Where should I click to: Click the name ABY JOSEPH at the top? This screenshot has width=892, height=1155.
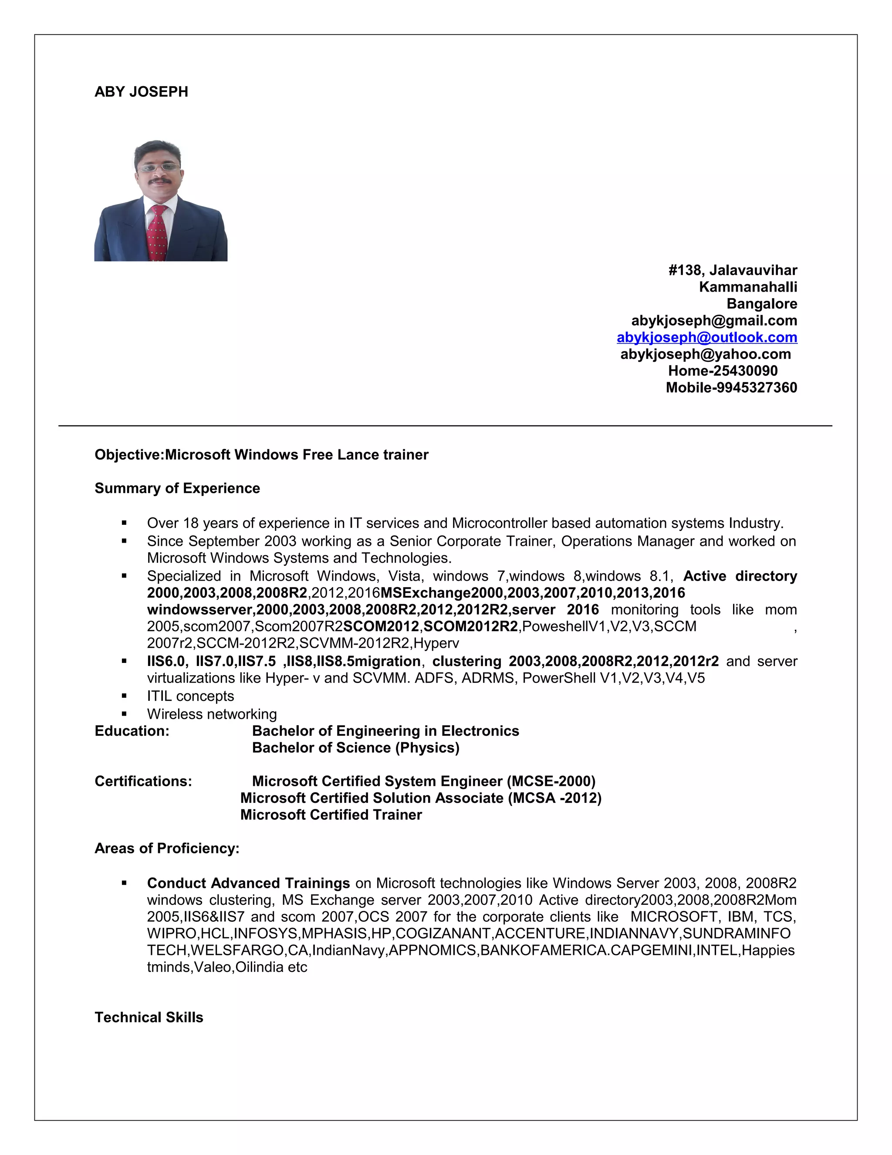point(141,92)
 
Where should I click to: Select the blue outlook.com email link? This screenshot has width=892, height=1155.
point(706,337)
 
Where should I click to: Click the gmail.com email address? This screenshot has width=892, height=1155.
point(714,320)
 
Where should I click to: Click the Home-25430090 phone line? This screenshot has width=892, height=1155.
point(723,371)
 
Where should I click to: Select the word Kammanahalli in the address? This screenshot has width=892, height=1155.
point(748,287)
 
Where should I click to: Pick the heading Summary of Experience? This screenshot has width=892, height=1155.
point(177,488)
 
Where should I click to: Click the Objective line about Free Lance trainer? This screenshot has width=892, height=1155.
point(262,455)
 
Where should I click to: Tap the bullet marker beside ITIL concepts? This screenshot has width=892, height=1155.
point(124,696)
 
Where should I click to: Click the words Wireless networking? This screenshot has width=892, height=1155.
point(212,714)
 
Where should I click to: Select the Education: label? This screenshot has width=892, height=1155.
point(132,731)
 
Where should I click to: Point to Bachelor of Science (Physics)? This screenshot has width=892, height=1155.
point(356,748)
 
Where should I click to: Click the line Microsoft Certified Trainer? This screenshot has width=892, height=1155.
point(331,815)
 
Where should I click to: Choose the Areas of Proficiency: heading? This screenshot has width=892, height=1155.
point(167,848)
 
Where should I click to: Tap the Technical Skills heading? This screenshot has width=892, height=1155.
point(149,1018)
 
